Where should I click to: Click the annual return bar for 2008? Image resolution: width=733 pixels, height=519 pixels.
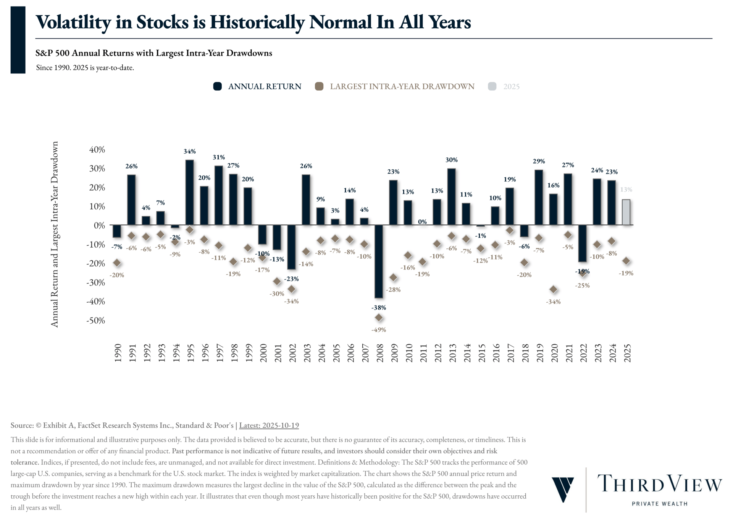378,261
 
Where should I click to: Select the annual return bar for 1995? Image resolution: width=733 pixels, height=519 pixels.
189,192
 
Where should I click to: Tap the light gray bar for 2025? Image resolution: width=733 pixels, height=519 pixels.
626,212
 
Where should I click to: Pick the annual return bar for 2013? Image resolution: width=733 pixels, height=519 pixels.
451,196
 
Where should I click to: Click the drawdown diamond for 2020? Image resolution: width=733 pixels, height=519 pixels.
553,289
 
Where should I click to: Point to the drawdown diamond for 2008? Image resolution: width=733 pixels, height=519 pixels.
379,318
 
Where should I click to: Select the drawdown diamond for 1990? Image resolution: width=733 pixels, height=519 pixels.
117,263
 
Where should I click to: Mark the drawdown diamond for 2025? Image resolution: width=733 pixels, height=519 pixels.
626,261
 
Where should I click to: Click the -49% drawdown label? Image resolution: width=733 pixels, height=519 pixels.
379,330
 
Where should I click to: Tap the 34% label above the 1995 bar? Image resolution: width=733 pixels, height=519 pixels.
189,151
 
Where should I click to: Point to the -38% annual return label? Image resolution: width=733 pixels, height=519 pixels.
379,308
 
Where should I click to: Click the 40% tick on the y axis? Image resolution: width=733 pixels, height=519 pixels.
97,150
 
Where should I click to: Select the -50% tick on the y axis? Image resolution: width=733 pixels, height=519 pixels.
95,321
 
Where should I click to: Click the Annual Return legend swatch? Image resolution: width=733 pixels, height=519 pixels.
218,86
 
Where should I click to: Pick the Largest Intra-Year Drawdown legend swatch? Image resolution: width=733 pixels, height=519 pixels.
319,86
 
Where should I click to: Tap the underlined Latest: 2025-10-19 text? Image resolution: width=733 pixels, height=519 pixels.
269,425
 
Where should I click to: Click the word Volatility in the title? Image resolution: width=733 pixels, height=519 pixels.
73,22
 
